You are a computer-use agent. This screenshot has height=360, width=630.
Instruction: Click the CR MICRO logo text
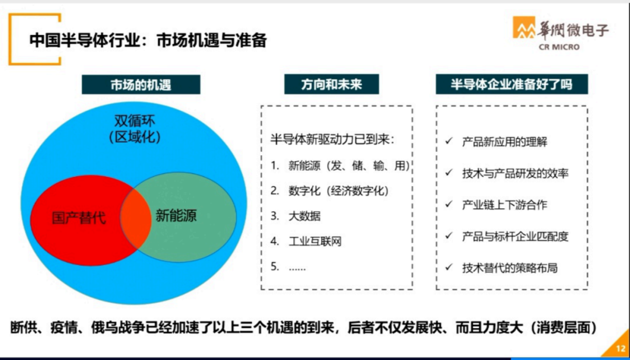[x=559, y=47]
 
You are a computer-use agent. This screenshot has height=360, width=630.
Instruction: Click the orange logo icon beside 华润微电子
[x=523, y=28]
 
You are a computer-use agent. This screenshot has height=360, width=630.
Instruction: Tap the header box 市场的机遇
[x=141, y=85]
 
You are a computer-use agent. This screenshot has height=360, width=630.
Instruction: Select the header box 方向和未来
[x=331, y=85]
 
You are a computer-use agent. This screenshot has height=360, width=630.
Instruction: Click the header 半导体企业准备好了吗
[x=512, y=85]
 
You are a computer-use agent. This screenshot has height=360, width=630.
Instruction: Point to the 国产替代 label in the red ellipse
[x=79, y=218]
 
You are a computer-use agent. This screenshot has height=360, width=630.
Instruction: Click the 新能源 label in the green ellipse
[x=176, y=215]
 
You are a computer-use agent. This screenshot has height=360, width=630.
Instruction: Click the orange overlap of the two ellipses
[x=135, y=219]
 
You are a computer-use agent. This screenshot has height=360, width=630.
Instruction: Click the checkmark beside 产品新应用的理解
[x=449, y=142]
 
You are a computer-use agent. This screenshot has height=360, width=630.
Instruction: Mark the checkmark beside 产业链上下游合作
[x=449, y=205]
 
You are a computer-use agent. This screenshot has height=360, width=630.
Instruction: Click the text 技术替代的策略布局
[x=509, y=268]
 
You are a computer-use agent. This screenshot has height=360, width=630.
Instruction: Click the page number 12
[x=621, y=348]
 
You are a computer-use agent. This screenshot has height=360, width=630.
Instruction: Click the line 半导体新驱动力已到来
[x=332, y=140]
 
